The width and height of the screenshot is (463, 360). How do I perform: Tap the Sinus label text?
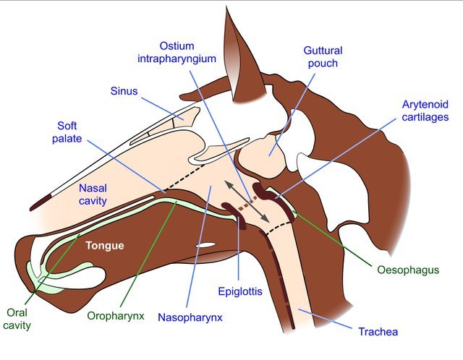124,92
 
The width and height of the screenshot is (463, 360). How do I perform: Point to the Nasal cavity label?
94,194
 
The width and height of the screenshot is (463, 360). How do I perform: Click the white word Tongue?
105,246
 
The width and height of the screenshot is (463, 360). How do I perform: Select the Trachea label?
378,333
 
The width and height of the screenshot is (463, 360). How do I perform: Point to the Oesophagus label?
408,270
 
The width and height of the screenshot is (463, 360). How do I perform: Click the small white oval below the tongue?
206,246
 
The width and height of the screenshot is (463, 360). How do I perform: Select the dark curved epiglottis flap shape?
234,214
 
